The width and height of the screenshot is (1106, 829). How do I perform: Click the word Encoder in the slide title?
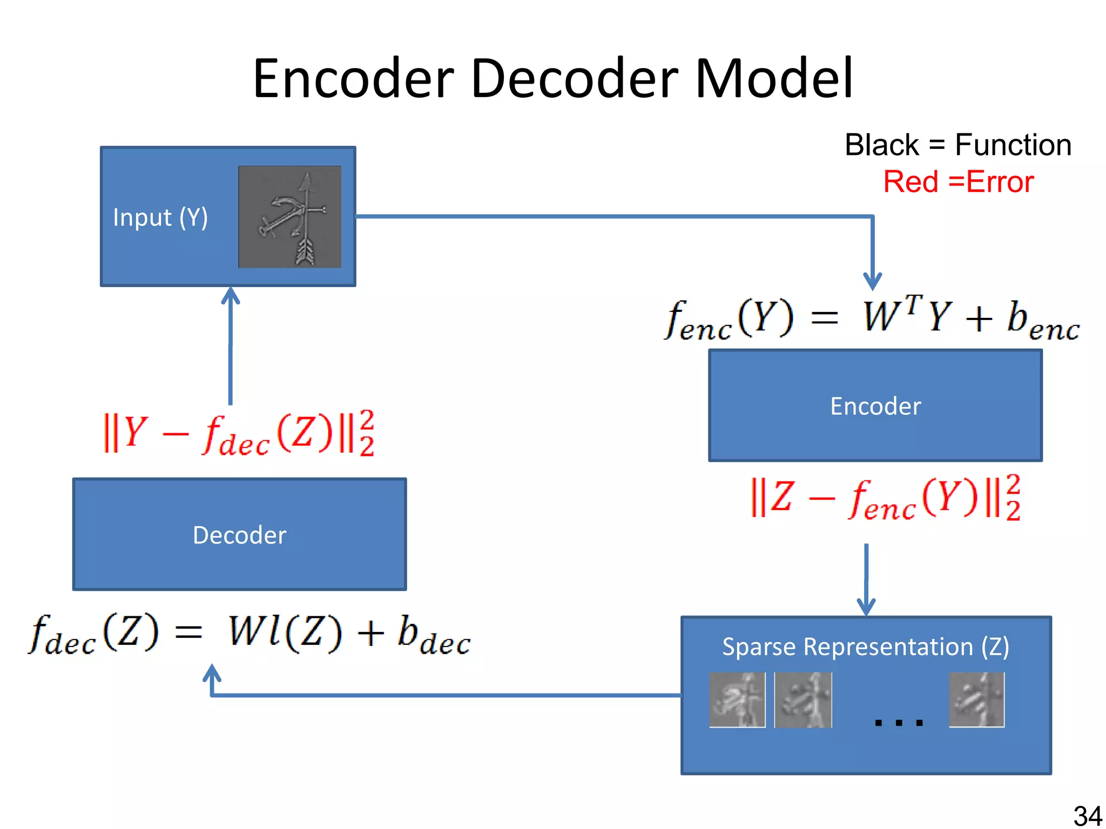[x=354, y=79]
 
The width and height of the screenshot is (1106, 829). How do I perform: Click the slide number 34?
[x=1087, y=816]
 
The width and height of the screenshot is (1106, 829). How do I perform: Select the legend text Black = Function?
[x=957, y=145]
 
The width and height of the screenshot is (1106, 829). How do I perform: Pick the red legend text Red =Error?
[x=958, y=182]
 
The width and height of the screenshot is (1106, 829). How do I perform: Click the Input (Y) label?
[x=160, y=218]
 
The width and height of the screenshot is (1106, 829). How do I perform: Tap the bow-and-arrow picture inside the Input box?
[x=289, y=216]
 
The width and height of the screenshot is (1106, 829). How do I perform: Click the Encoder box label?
[x=875, y=406]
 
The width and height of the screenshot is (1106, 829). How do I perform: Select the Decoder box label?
[x=239, y=535]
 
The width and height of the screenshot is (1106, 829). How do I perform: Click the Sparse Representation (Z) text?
[x=865, y=647]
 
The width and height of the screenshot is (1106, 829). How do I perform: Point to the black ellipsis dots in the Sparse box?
[x=899, y=722]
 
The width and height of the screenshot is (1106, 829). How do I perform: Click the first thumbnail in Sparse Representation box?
[x=737, y=699]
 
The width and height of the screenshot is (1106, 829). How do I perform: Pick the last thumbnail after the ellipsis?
[x=976, y=699]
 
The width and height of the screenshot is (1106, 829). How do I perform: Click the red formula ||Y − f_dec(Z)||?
[x=238, y=434]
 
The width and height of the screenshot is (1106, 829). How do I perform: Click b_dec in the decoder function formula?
[x=434, y=635]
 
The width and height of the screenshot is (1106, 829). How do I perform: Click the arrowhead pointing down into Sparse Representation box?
[x=866, y=607]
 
